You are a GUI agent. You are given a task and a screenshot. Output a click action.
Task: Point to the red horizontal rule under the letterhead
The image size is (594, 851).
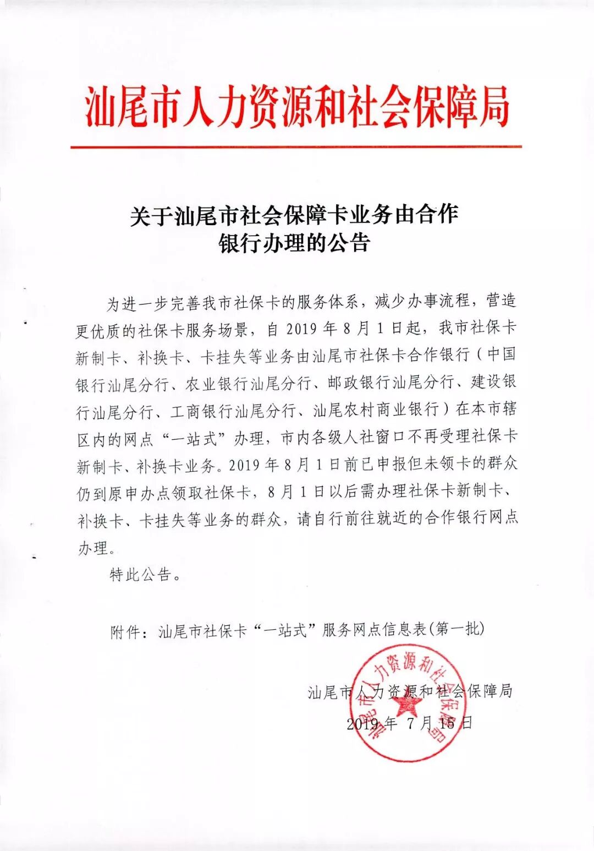pyautogui.click(x=296, y=147)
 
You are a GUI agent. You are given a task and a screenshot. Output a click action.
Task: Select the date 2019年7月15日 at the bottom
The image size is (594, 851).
pyautogui.click(x=409, y=723)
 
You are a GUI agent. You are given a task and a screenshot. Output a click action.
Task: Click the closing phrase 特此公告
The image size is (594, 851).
pyautogui.click(x=141, y=575)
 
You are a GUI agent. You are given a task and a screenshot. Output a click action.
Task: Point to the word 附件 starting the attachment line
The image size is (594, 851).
pyautogui.click(x=125, y=631)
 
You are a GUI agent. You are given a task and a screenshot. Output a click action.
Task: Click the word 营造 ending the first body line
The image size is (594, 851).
pyautogui.click(x=501, y=301)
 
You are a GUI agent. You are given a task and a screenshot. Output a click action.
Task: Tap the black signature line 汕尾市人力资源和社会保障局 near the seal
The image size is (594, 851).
pyautogui.click(x=410, y=691)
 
